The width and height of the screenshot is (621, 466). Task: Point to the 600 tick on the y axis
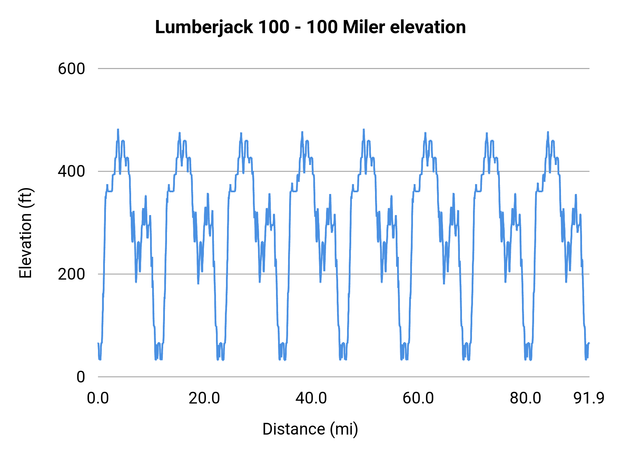[71, 69]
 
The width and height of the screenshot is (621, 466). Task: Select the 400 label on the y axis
[71, 171]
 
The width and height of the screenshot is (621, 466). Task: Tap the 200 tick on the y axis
[71, 274]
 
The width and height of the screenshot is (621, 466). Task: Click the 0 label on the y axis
[80, 377]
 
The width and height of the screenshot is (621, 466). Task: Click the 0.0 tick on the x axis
[98, 398]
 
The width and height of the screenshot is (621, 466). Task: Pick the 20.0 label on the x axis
[204, 398]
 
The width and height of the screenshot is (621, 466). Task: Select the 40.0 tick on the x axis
[311, 398]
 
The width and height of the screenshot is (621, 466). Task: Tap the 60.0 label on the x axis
[418, 398]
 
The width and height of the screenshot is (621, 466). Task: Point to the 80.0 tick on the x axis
[525, 398]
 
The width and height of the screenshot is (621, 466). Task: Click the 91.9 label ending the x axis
[589, 398]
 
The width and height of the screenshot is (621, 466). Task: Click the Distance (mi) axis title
[310, 429]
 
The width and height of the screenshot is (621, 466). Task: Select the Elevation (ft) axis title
[26, 233]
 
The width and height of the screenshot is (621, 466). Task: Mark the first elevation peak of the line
[118, 130]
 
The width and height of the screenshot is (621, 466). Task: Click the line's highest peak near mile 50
[364, 130]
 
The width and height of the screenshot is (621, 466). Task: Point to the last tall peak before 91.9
[548, 132]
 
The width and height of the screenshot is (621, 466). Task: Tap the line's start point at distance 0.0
[98, 343]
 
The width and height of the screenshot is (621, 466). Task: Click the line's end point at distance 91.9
[589, 343]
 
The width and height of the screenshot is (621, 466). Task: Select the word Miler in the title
[364, 27]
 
